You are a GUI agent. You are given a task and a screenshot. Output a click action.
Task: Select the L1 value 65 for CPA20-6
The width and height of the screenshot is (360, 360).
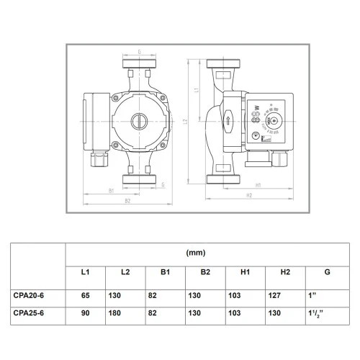(85, 295)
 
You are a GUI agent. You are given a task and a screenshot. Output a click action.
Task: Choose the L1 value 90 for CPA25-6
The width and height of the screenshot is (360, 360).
(85, 313)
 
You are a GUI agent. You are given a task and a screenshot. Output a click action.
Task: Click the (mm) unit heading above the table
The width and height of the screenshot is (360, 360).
(196, 253)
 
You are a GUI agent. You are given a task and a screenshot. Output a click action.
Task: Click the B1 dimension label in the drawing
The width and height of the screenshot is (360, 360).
(112, 190)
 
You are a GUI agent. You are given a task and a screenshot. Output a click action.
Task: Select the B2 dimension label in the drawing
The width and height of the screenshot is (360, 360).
(127, 201)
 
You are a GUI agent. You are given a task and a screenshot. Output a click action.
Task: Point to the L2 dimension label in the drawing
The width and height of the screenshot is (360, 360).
(185, 122)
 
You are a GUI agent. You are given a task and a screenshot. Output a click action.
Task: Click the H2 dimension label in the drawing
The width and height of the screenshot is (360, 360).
(248, 195)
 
